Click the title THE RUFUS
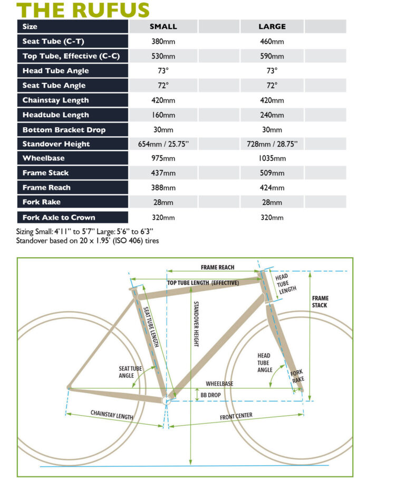point(83,10)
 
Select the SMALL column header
point(163,27)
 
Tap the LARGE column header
point(272,27)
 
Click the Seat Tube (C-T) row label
point(53,41)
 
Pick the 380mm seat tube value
point(163,41)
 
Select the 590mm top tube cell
point(272,56)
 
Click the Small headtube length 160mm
point(163,115)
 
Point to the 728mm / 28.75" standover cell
point(272,144)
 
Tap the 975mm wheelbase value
point(163,158)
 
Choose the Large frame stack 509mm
point(272,173)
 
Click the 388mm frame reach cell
point(163,188)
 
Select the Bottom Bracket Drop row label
point(64,130)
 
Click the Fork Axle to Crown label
point(59,218)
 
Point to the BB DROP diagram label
point(210,395)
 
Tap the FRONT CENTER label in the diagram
point(236,416)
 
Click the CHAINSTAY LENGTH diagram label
point(112,415)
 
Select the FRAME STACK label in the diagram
point(320,302)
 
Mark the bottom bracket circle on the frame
point(166,400)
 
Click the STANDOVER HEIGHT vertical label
point(196,324)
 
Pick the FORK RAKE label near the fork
point(297,376)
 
